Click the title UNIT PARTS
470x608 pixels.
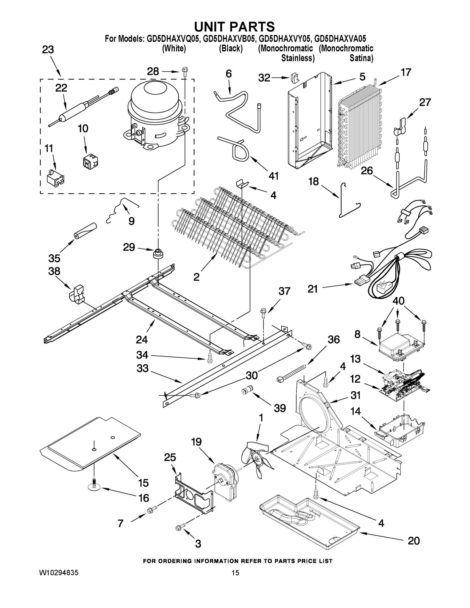click(234, 27)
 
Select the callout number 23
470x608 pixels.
click(48, 50)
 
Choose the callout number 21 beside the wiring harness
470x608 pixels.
click(312, 289)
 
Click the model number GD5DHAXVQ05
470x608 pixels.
click(174, 39)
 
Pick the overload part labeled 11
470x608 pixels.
click(55, 178)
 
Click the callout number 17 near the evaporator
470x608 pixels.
click(406, 72)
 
